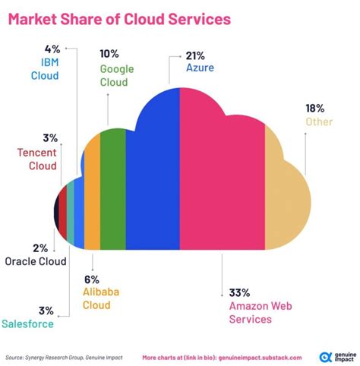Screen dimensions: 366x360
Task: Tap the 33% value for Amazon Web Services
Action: [x=239, y=292]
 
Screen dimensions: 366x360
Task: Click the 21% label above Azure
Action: [x=197, y=55]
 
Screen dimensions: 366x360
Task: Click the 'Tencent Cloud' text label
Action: [x=36, y=158]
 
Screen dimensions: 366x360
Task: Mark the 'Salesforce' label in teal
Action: [x=27, y=323]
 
